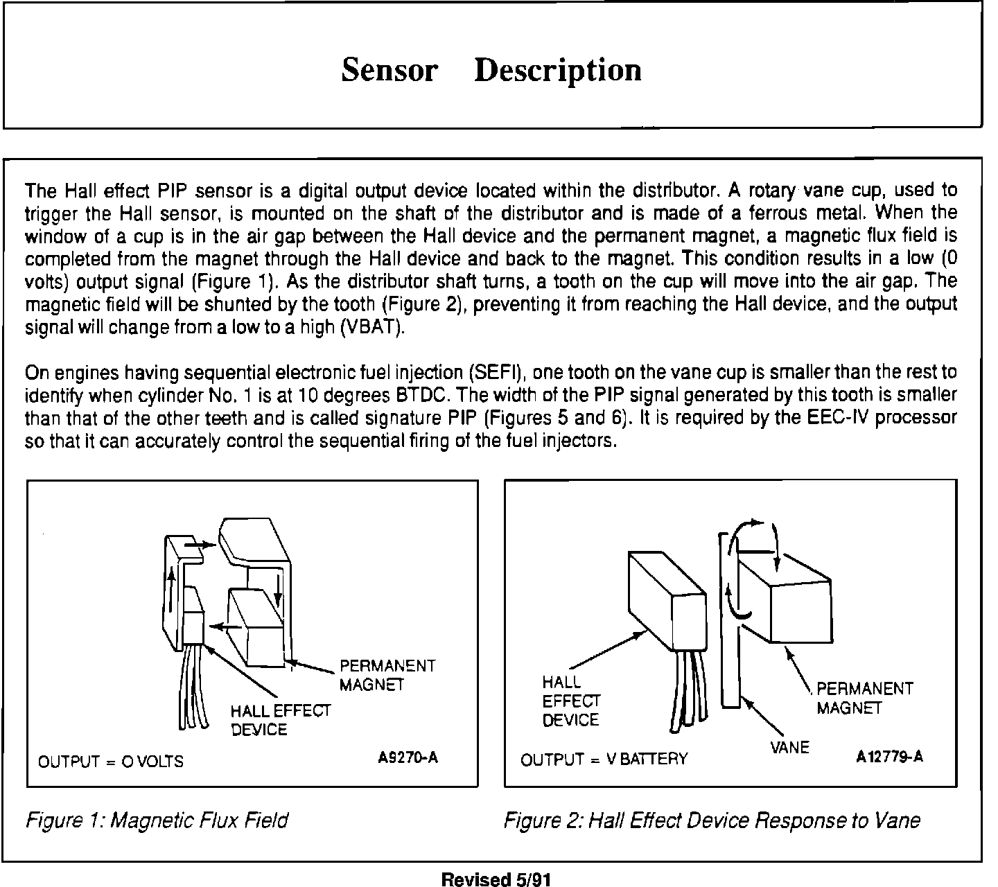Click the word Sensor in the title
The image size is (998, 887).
click(x=389, y=70)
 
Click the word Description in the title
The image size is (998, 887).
click(x=558, y=70)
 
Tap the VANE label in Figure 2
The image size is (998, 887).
click(x=789, y=748)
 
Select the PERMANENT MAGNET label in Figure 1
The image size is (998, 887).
click(x=387, y=676)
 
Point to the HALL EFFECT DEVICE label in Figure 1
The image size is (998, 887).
click(x=281, y=720)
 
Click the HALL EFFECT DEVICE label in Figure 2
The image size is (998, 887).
click(x=571, y=701)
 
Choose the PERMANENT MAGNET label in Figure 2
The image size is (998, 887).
click(x=864, y=699)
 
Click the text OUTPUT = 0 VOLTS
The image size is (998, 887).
click(x=111, y=762)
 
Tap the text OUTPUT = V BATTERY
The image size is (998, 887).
click(x=604, y=759)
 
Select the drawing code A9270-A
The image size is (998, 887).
click(x=408, y=757)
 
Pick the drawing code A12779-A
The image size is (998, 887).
click(x=889, y=757)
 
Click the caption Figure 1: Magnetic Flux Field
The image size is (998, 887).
click(x=157, y=820)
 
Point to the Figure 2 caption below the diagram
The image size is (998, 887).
click(x=712, y=820)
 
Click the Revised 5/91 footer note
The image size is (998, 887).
click(x=496, y=879)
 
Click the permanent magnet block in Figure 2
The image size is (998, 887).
click(x=800, y=610)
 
